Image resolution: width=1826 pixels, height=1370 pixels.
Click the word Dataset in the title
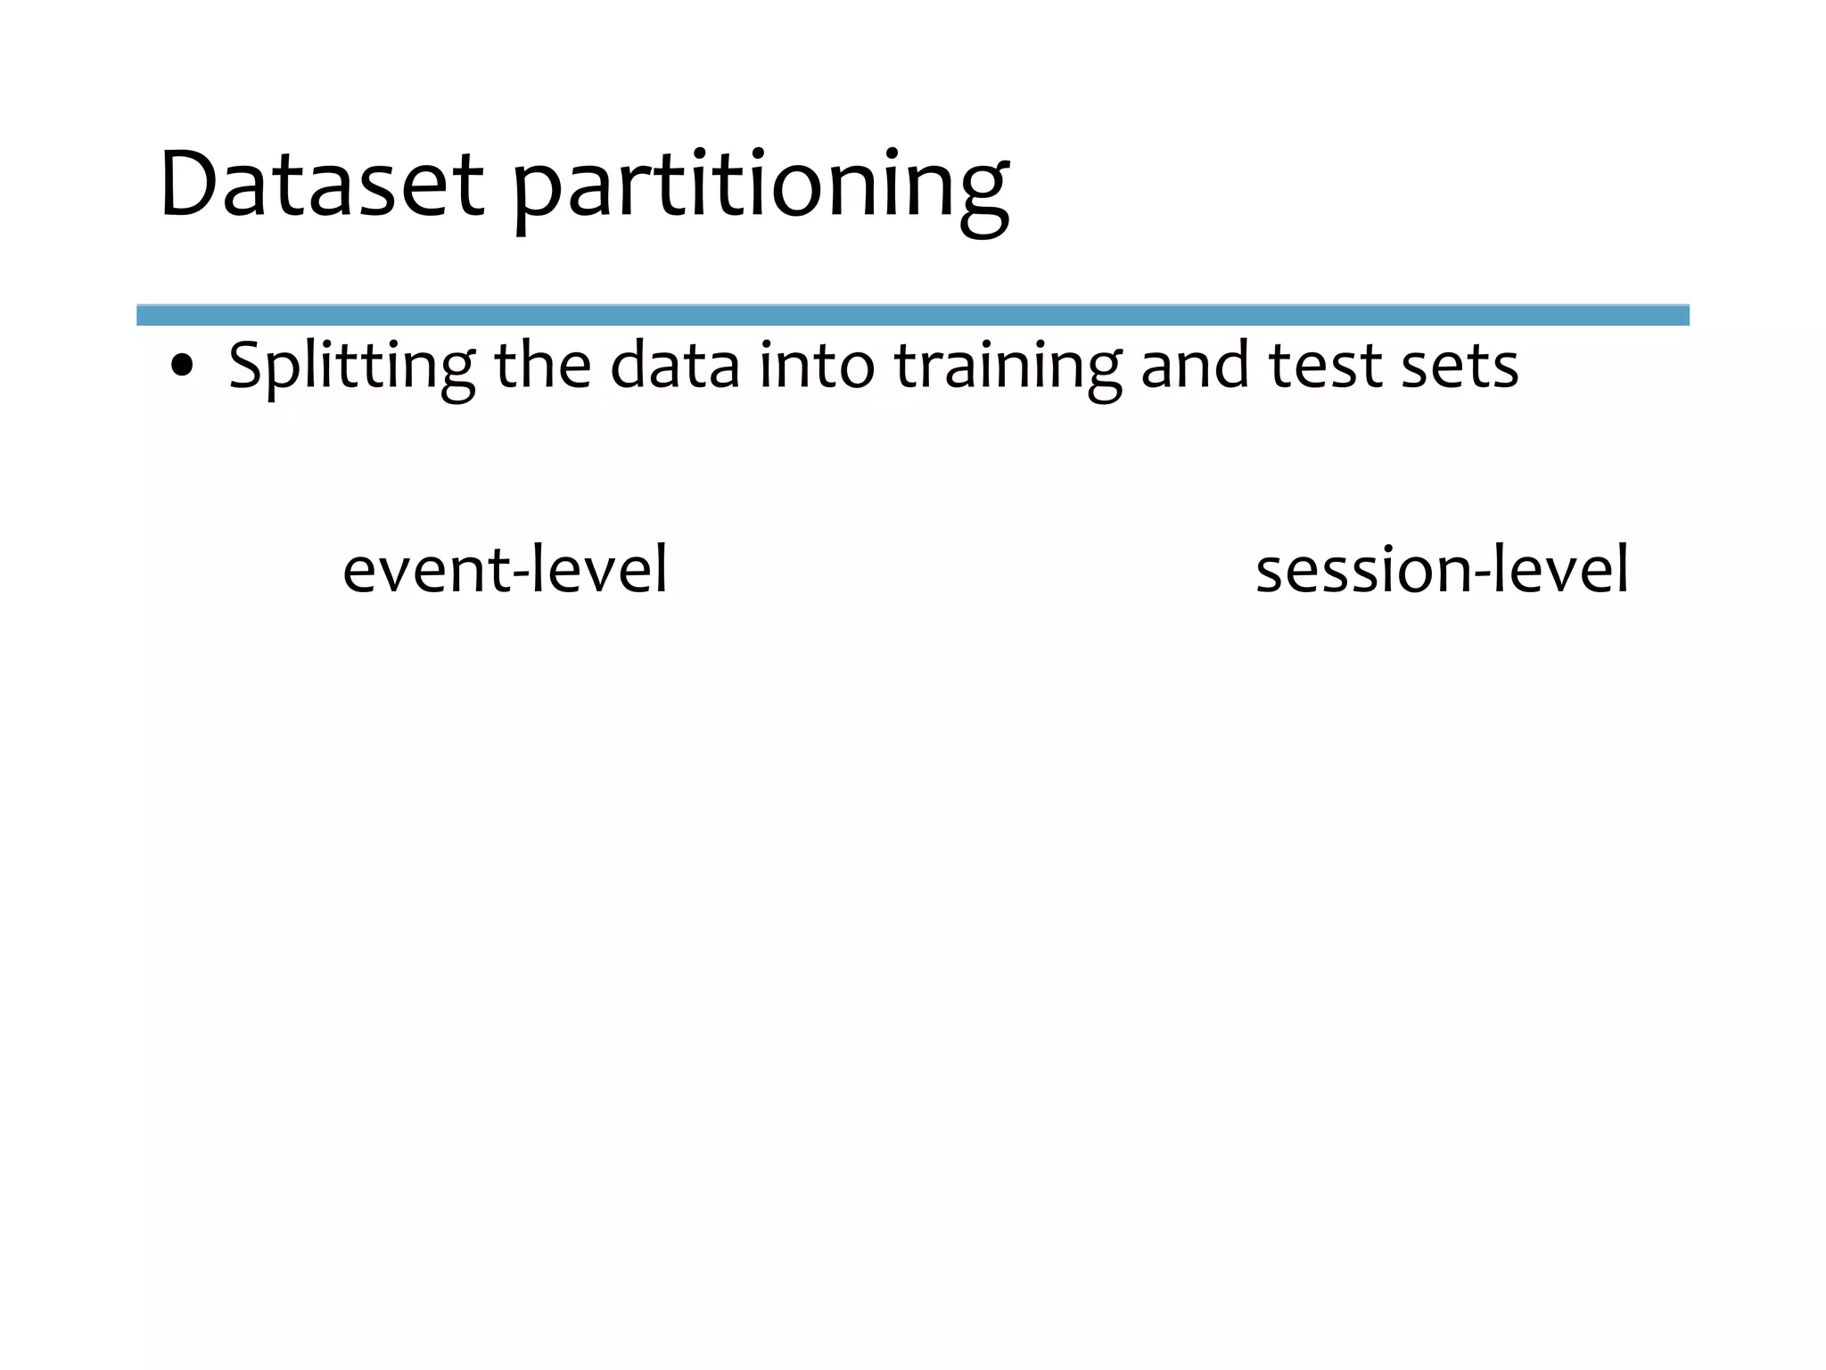(x=321, y=185)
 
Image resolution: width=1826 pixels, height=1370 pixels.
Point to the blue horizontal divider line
(x=912, y=315)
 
